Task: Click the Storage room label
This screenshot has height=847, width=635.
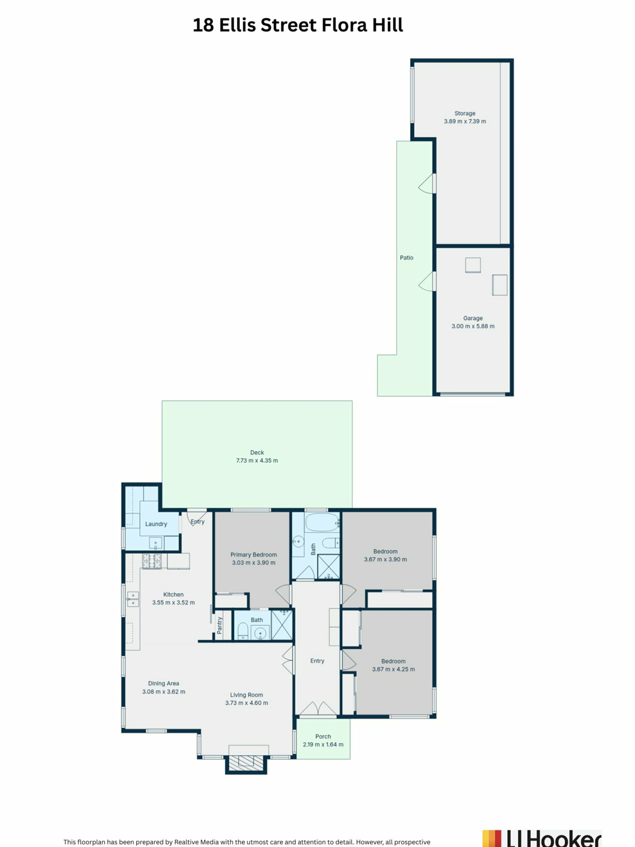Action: click(x=465, y=113)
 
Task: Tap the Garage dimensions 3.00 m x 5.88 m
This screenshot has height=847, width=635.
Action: click(x=473, y=326)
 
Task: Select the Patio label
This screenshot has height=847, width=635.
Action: click(x=406, y=258)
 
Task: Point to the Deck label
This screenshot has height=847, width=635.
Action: click(x=257, y=452)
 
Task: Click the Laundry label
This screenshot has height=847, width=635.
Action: click(x=156, y=524)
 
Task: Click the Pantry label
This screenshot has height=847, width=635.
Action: click(x=219, y=625)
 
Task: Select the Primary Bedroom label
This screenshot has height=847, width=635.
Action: click(x=253, y=555)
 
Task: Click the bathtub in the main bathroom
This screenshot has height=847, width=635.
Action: click(x=322, y=523)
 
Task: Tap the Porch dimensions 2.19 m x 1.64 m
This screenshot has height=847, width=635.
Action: click(x=323, y=744)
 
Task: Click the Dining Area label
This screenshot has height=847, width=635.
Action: click(x=163, y=683)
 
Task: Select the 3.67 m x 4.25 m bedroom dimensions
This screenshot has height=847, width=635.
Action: click(x=394, y=669)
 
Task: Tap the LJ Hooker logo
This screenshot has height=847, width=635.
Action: click(x=542, y=839)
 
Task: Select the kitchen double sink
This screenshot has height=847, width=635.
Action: click(x=133, y=599)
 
